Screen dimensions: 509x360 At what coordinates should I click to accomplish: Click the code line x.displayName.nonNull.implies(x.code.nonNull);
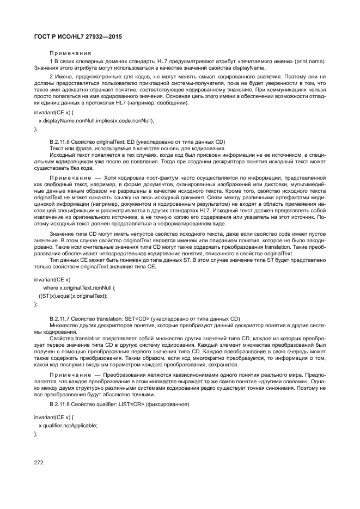click(x=96, y=120)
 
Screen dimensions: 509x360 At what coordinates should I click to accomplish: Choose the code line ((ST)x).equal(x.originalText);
click(x=73, y=296)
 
